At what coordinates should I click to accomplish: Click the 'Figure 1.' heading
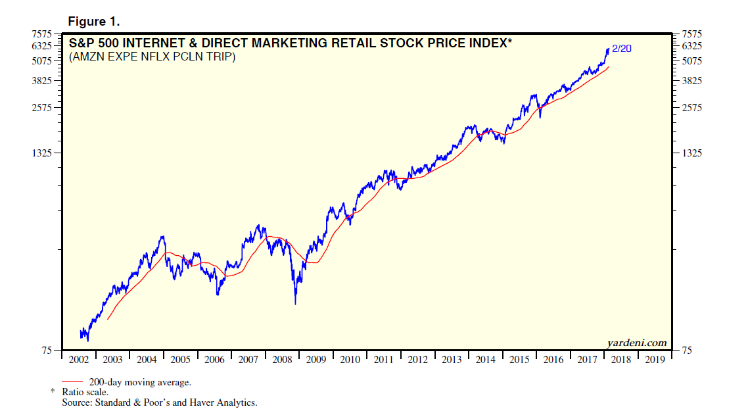pyautogui.click(x=94, y=22)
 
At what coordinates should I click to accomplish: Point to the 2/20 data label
pyautogui.click(x=622, y=49)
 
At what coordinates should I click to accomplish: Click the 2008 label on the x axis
pyautogui.click(x=282, y=360)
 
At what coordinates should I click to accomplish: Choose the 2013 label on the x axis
pyautogui.click(x=452, y=360)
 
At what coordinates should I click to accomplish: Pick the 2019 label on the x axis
pyautogui.click(x=655, y=360)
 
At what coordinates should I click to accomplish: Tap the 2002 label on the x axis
pyautogui.click(x=80, y=360)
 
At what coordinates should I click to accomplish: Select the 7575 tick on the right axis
pyautogui.click(x=693, y=34)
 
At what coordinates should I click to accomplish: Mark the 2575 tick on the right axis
pyautogui.click(x=693, y=107)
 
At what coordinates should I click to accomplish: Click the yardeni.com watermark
pyautogui.click(x=636, y=343)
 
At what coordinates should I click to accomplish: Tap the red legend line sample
pyautogui.click(x=72, y=381)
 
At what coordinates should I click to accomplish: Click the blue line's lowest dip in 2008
pyautogui.click(x=295, y=303)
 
